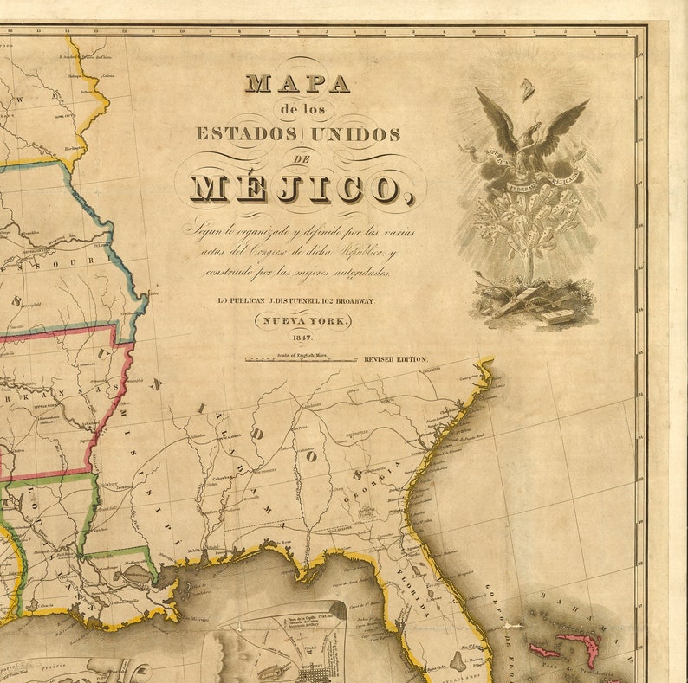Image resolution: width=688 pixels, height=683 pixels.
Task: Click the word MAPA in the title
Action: (297, 84)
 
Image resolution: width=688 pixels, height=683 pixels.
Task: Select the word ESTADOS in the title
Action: (247, 134)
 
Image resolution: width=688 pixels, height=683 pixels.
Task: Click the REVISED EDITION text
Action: (395, 358)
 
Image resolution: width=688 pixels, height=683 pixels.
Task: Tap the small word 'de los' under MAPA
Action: (297, 109)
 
